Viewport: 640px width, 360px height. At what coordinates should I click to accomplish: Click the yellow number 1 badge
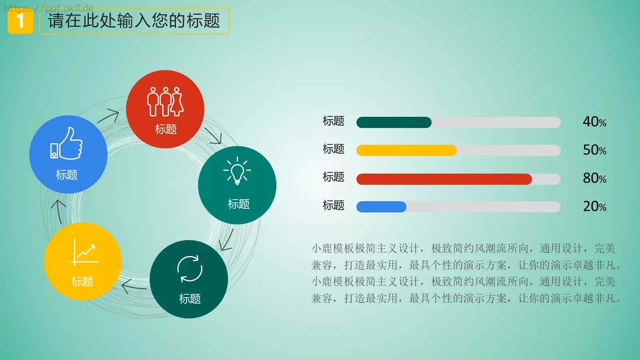(x=20, y=21)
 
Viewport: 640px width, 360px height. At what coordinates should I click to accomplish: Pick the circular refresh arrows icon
(x=190, y=269)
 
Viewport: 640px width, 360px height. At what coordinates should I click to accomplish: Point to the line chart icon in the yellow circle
(x=85, y=252)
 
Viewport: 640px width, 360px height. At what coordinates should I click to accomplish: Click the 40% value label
(x=594, y=122)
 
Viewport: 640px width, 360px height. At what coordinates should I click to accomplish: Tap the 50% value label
(x=594, y=150)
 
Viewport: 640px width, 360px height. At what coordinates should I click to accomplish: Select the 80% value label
(x=594, y=178)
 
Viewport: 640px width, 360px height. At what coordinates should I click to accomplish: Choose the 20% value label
(x=594, y=206)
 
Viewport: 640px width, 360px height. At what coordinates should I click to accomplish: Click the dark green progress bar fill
(x=394, y=122)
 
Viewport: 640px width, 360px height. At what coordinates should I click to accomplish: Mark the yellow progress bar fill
(x=406, y=150)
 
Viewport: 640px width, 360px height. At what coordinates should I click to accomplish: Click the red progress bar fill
(x=444, y=179)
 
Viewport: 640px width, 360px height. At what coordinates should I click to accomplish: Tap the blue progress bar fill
(x=381, y=207)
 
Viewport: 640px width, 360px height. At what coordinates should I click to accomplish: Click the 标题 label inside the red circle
(x=166, y=129)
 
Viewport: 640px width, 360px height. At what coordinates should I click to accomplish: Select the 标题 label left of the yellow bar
(x=333, y=149)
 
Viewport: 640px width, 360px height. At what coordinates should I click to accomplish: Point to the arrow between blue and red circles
(x=108, y=116)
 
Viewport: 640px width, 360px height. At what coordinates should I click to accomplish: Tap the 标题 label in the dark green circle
(x=190, y=299)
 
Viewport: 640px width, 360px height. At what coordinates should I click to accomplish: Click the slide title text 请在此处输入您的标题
(x=134, y=21)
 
